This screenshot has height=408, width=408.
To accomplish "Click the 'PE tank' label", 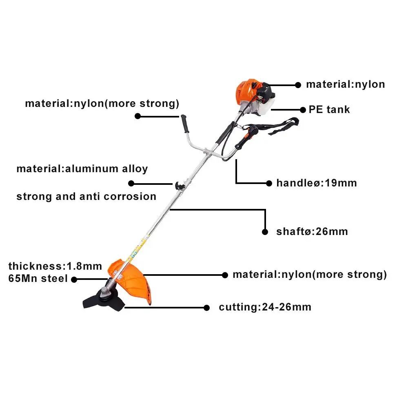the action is click(329, 110).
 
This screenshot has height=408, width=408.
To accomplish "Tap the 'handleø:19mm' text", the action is click(316, 183).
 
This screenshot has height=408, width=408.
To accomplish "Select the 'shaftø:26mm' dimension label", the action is click(312, 232).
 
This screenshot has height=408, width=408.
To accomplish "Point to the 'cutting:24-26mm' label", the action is click(265, 307).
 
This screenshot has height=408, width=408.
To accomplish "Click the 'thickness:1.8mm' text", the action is click(55, 266).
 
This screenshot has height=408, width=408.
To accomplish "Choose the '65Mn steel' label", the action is click(38, 279).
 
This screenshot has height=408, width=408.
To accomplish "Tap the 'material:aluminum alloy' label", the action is click(82, 169).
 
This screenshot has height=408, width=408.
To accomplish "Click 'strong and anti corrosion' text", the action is click(86, 196).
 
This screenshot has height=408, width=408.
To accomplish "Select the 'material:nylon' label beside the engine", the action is click(345, 84).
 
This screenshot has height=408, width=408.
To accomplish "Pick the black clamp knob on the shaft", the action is click(179, 186).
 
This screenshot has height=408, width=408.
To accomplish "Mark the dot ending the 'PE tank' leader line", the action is click(303, 110).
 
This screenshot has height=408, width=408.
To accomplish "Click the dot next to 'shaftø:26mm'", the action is click(266, 232).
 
